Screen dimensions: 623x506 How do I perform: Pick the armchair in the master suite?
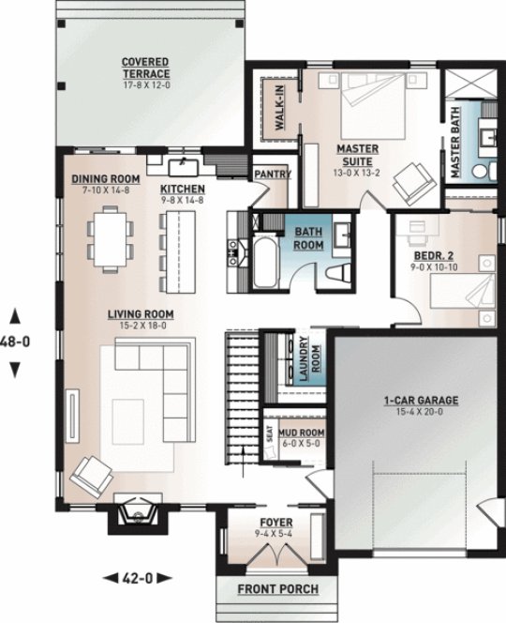point(409,180)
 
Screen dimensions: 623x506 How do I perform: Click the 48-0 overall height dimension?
point(14,342)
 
